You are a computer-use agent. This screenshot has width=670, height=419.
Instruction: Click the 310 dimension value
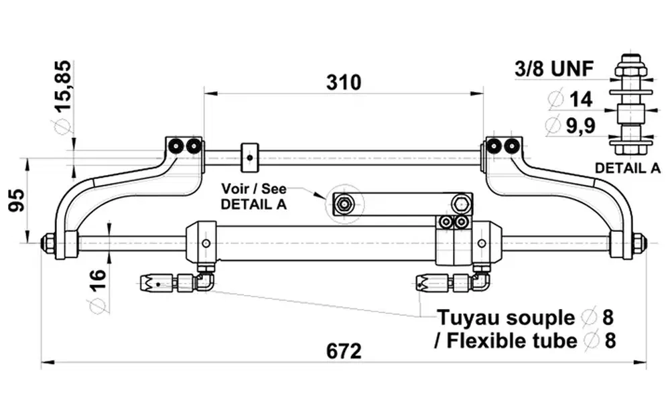pos(344,82)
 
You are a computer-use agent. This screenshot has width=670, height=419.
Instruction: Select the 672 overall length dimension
pos(344,351)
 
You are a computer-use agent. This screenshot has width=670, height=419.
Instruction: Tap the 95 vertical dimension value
pos(18,200)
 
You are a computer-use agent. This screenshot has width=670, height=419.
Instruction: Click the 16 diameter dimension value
pos(96,282)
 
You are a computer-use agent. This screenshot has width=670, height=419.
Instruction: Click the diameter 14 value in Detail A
pos(580,99)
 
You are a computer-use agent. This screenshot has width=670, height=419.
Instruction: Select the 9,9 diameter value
pos(580,125)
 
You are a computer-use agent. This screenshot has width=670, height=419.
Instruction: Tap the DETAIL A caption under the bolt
pos(628,168)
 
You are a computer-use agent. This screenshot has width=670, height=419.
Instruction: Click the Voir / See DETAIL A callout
pos(254,196)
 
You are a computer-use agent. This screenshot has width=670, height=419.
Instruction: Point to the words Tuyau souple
pos(505,317)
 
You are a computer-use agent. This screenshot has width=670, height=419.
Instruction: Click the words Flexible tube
pos(512,341)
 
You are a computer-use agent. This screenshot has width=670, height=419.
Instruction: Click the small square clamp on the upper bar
pos(249,157)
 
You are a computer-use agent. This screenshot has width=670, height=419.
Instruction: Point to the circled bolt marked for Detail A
pos(344,204)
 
